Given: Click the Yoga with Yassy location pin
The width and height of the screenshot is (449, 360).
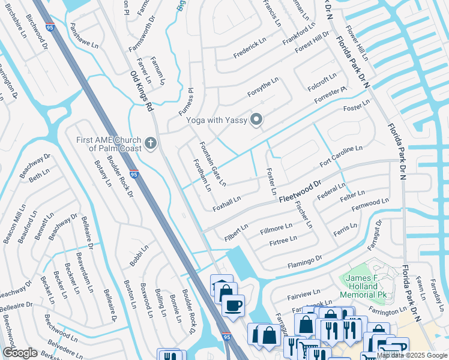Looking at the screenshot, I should point(257,120).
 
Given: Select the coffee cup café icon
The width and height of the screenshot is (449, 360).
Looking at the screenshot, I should point(232,305).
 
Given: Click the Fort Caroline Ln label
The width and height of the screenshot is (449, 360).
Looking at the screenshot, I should point(341,155).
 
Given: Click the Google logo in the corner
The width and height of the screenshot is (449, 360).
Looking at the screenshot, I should point(20,353).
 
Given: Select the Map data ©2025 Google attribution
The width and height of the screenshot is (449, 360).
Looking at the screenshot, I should point(412,355).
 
